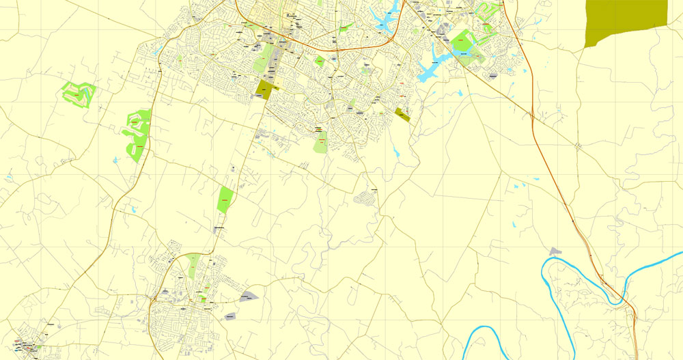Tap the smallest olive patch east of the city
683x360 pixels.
pos(402,114)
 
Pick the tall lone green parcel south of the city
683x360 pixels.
pos(225,199)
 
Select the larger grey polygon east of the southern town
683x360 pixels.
pos(249,296)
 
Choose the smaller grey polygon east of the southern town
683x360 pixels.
pos(230,316)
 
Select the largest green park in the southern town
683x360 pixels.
pos(193,265)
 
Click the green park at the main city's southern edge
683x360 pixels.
pos(320,143)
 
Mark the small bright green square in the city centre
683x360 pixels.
pos(319,61)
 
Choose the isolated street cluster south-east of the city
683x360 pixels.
pos(366,198)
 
